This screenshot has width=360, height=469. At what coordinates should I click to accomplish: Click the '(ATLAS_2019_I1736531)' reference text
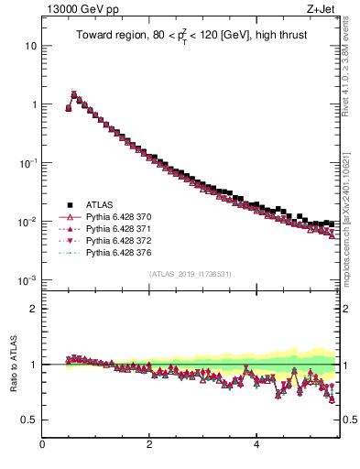point(191,274)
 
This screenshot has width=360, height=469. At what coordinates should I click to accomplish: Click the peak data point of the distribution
point(74,93)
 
